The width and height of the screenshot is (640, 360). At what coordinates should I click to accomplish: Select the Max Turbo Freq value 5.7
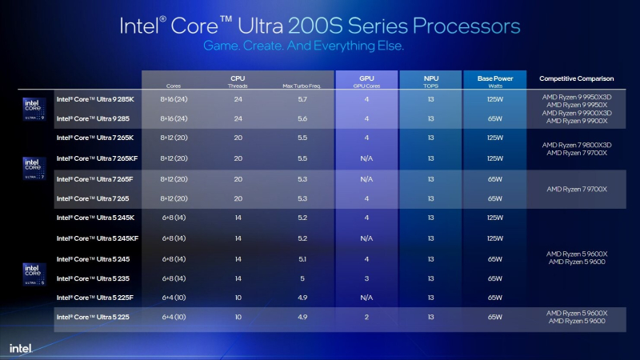click(301, 99)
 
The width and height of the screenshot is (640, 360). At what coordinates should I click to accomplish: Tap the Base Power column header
click(494, 78)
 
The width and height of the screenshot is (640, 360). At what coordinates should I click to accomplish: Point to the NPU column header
click(430, 78)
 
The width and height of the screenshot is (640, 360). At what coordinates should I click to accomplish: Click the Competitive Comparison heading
click(576, 78)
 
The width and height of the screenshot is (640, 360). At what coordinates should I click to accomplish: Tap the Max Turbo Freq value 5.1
click(301, 258)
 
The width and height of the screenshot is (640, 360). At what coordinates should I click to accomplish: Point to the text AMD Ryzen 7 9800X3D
click(576, 145)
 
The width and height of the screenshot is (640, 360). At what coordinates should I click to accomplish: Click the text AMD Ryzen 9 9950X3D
click(576, 96)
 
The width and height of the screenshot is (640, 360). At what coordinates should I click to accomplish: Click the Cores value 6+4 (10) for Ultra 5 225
click(174, 318)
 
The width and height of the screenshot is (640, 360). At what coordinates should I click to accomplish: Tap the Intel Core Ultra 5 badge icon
click(30, 274)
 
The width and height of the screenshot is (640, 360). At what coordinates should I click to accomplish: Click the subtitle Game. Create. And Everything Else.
click(303, 46)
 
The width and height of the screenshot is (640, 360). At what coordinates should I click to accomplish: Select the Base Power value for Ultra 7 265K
click(494, 138)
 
